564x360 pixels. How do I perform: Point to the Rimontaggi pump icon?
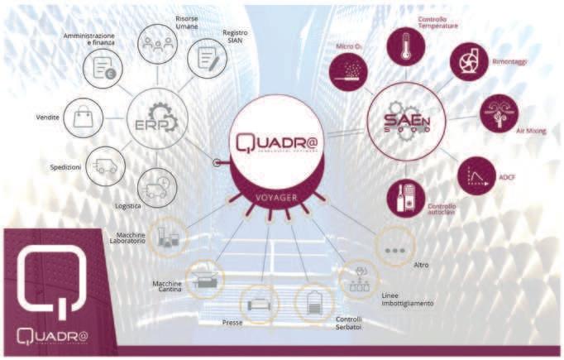(470, 61)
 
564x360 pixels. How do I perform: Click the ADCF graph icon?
(476, 175)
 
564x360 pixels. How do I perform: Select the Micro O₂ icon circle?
(348, 71)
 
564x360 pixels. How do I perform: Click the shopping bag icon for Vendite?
(84, 118)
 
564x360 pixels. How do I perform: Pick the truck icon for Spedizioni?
(105, 166)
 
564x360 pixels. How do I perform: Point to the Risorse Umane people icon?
(156, 43)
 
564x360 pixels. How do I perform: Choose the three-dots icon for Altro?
(394, 248)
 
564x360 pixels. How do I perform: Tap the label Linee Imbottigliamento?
(407, 299)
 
